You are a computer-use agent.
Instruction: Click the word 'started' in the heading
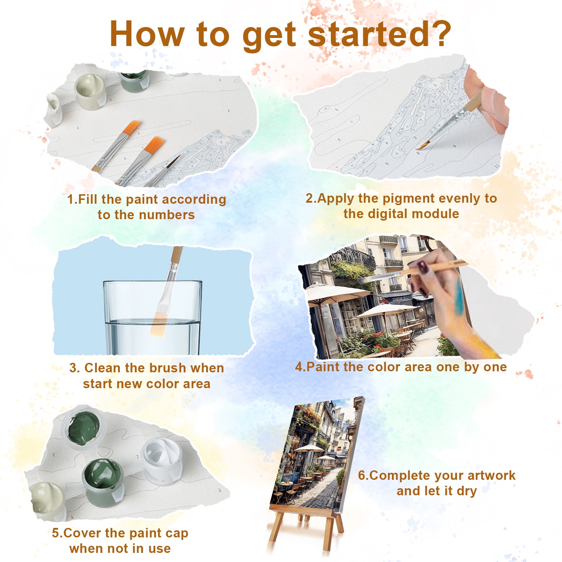pos(368,33)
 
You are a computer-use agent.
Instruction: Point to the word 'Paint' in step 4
pos(324,367)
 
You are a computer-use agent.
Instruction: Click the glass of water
pos(152,318)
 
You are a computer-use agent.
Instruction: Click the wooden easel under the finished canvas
pos(305,527)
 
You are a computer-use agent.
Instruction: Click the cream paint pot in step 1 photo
pos(91,92)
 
